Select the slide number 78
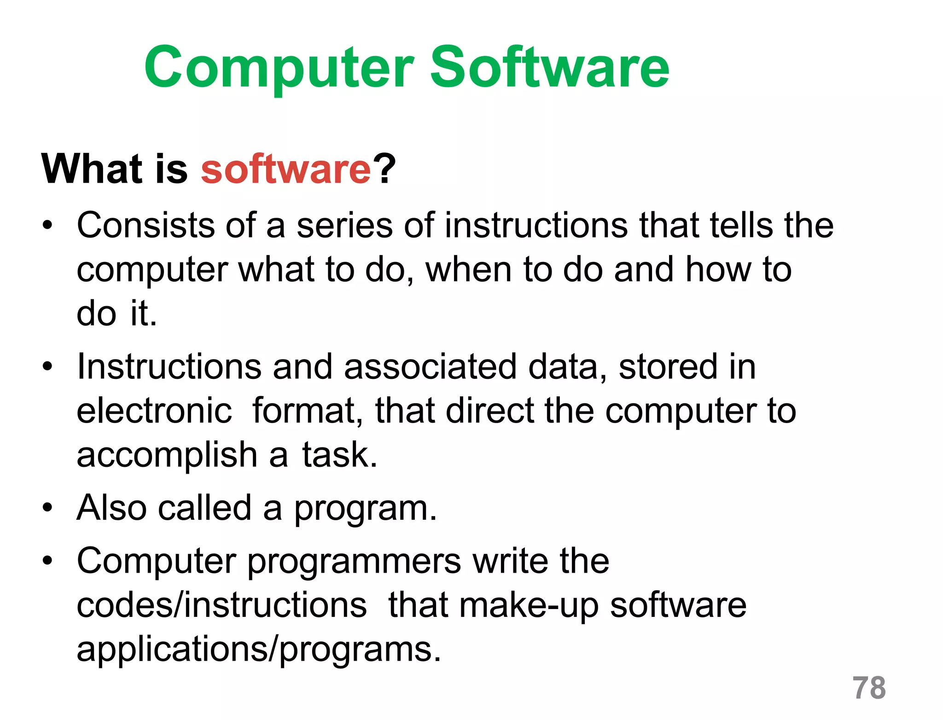[869, 688]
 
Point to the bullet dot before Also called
[47, 508]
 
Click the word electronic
[154, 411]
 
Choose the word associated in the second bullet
[430, 367]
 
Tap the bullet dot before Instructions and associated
[47, 367]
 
